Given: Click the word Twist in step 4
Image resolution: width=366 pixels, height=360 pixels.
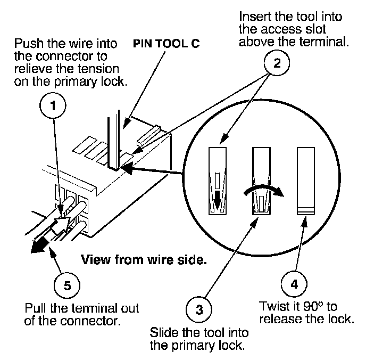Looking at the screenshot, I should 273,307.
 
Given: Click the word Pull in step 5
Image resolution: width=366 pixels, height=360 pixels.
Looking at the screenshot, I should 35,309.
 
